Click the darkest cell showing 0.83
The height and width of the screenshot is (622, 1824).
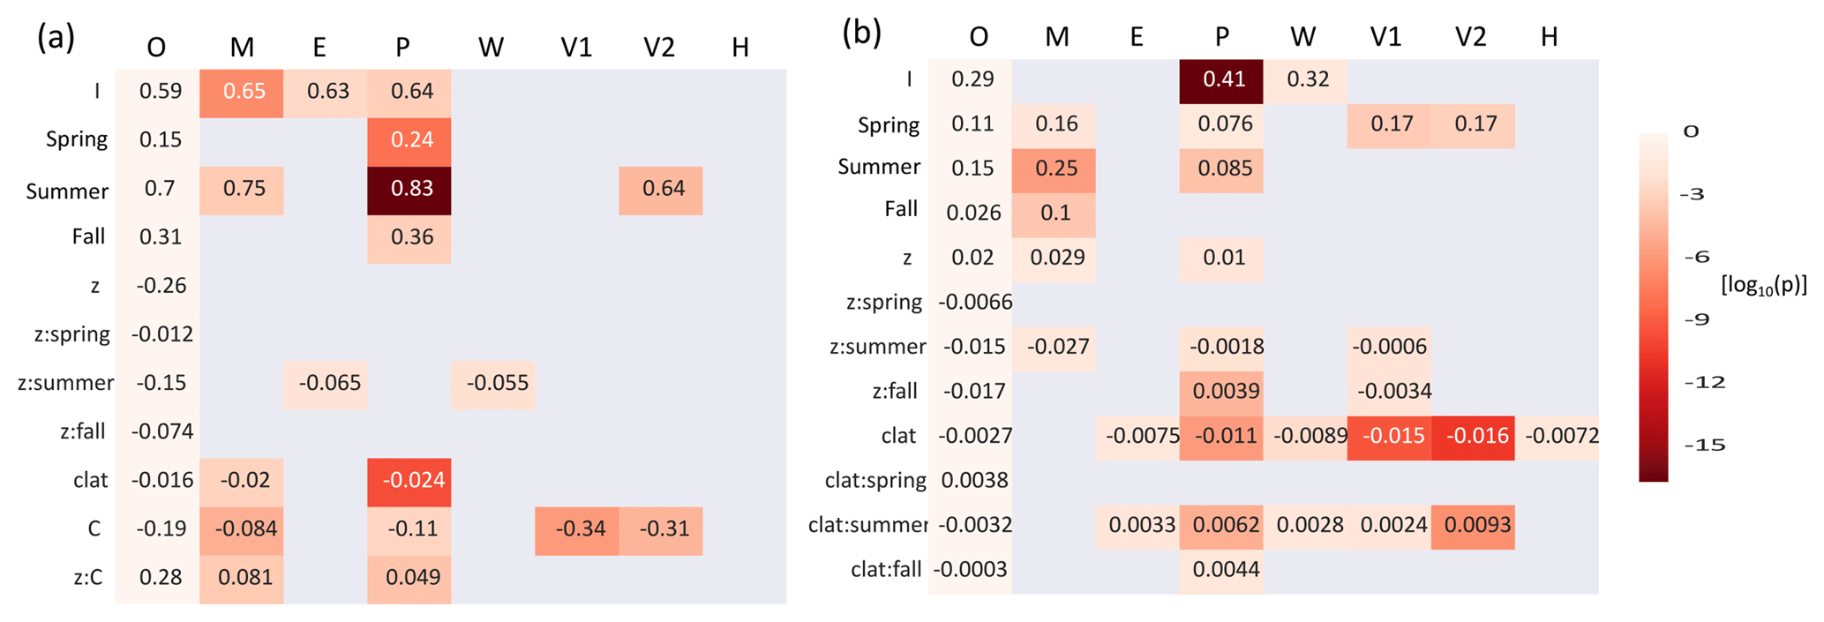409,190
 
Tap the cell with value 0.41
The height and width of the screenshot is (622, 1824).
1221,80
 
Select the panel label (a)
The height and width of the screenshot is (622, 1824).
56,38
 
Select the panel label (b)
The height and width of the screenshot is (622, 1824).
861,33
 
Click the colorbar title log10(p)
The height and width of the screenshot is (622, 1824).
1763,285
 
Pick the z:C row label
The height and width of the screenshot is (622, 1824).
87,578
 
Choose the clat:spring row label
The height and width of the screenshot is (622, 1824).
874,481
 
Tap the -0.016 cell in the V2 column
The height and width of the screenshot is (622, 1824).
1473,437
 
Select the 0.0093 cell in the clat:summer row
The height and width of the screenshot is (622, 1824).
1473,526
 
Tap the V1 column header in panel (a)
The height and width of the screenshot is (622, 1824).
576,48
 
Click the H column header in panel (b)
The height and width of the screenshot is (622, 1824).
1550,37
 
